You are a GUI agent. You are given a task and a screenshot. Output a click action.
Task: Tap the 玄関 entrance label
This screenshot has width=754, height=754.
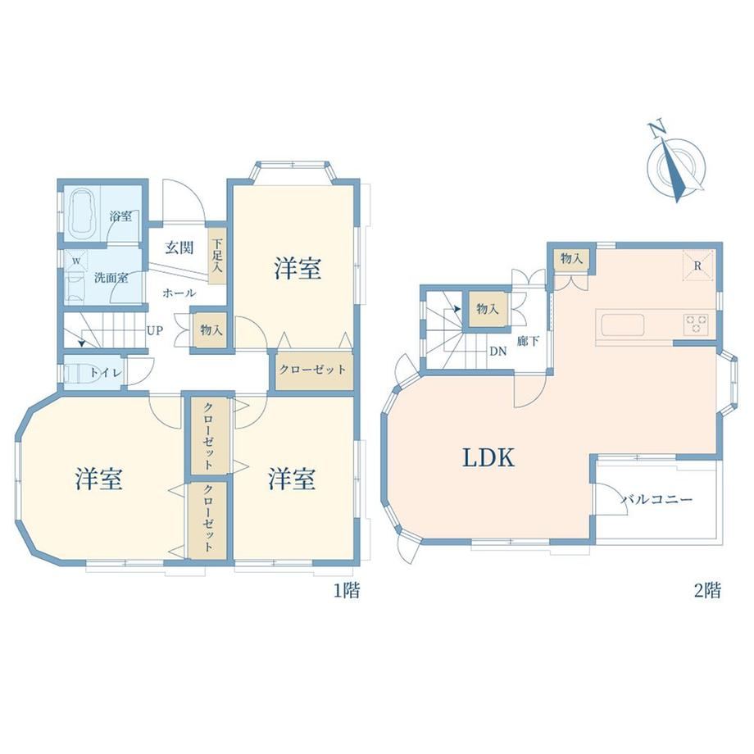point(179,248)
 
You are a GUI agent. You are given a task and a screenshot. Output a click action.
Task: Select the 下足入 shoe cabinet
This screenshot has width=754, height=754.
point(217,256)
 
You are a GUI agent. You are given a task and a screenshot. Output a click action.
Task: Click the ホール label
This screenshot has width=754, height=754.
point(179,293)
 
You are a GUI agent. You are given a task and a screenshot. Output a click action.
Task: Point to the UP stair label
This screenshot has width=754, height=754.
point(155,330)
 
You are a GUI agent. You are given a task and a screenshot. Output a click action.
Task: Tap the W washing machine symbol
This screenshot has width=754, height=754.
point(76,262)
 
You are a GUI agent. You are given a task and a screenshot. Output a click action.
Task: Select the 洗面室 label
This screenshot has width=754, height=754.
point(111,278)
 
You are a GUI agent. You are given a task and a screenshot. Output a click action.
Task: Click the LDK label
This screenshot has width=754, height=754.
point(488,458)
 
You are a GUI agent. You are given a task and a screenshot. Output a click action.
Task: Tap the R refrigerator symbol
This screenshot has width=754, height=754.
point(697,266)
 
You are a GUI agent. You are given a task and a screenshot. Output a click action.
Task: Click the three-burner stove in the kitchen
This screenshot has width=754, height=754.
point(696,323)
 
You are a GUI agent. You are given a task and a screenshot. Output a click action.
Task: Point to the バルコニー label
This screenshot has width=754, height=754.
point(656,499)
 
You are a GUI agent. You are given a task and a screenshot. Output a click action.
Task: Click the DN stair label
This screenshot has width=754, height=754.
point(498,352)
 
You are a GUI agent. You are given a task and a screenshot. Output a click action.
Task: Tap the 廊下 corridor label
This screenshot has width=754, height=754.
point(528,342)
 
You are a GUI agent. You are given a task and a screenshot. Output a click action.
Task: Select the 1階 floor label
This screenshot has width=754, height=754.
point(347,590)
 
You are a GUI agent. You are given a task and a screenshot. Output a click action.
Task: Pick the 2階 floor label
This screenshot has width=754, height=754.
point(707,590)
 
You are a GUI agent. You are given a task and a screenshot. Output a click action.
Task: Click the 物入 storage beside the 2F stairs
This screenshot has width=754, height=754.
point(487,309)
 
